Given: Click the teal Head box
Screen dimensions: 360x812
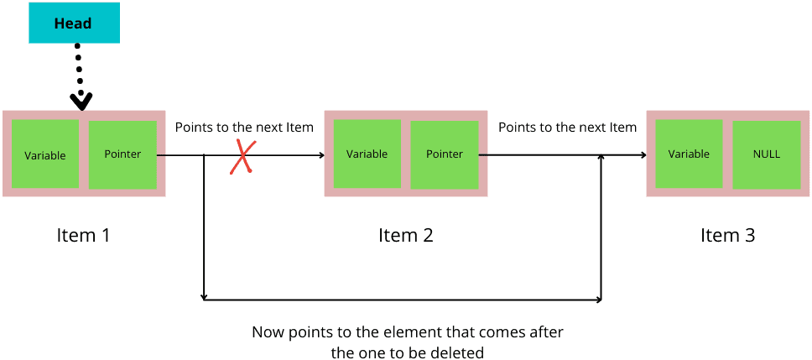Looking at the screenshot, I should click(74, 23).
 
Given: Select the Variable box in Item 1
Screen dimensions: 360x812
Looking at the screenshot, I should click(44, 154).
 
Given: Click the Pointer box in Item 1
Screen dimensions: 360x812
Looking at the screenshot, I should click(122, 154).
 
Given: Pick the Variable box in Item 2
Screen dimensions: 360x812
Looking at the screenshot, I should click(367, 154).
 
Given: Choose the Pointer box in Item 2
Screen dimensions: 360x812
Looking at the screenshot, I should click(445, 154).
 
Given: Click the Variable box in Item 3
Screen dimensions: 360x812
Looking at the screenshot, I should click(689, 154).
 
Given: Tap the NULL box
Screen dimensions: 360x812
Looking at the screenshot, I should click(767, 154).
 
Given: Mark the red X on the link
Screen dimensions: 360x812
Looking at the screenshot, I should click(243, 156).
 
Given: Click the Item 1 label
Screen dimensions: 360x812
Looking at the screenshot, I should click(83, 235).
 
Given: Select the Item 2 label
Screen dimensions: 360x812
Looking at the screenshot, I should click(405, 235).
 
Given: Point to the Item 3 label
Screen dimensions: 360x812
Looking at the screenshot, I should click(727, 235).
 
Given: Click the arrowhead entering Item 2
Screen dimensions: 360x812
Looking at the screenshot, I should click(321, 155).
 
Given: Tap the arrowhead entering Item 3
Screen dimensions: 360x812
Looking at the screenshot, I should click(643, 155).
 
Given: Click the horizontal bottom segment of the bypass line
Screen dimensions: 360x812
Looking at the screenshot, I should click(403, 299).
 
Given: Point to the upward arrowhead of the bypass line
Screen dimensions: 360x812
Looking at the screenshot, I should click(601, 158).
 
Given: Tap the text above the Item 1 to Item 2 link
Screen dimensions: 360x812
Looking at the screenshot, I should click(244, 128).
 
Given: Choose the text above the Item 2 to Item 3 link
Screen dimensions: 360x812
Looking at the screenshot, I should click(567, 128).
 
